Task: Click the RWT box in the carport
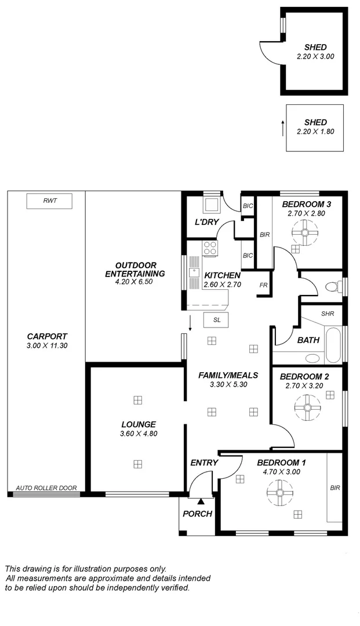[x=49, y=201]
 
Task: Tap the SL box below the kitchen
[x=216, y=320]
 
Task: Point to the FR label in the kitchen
[x=263, y=285]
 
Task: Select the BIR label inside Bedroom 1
[x=334, y=488]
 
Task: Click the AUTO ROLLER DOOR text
[x=46, y=488]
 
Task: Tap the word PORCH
[x=197, y=514]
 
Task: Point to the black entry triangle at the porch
[x=201, y=501]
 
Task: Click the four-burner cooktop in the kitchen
[x=210, y=249]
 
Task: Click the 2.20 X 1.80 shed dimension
[x=315, y=132]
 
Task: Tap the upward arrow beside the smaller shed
[x=283, y=128]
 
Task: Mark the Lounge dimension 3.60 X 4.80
[x=138, y=433]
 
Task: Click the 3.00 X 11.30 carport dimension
[x=46, y=345]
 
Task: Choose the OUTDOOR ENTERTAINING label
[x=135, y=270]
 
